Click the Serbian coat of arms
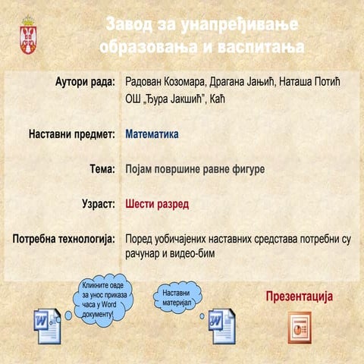(28, 35)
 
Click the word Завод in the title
(129, 24)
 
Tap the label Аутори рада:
(85, 82)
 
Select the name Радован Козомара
(165, 82)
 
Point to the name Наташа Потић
(309, 82)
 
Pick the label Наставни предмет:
(72, 134)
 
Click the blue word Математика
(152, 134)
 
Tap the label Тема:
(102, 169)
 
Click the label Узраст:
(99, 204)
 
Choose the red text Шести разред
(157, 204)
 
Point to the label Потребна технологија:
(64, 239)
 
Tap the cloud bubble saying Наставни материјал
(177, 298)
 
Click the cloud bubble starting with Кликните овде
(104, 300)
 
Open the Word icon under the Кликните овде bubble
(48, 326)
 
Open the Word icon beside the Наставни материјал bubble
(222, 326)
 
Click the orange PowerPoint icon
(300, 328)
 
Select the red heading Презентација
(300, 297)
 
